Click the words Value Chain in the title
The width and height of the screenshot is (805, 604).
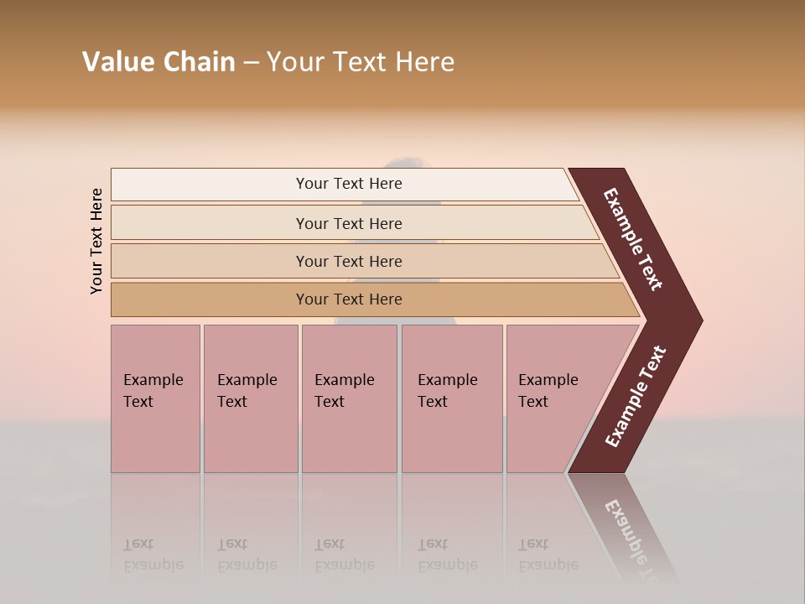[158, 61]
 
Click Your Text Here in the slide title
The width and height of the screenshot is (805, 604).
[360, 61]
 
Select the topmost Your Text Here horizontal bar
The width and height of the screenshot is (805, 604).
[348, 184]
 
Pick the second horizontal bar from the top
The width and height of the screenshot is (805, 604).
[348, 223]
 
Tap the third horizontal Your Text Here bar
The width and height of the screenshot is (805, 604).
[348, 261]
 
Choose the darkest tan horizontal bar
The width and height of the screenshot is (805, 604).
[348, 299]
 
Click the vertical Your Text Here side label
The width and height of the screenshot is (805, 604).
[96, 241]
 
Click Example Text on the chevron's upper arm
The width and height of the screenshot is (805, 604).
[633, 239]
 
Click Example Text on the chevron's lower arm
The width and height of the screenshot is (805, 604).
[635, 397]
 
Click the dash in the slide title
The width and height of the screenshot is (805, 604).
[251, 62]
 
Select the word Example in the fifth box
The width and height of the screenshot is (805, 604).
[548, 380]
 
